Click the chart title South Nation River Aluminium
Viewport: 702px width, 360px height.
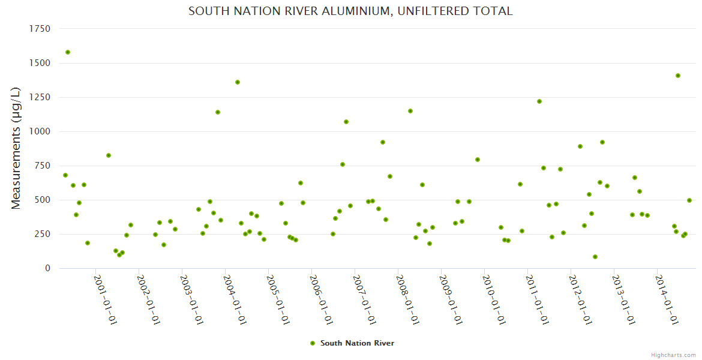pyautogui.click(x=350, y=11)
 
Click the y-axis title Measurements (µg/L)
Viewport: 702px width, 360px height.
pyautogui.click(x=16, y=148)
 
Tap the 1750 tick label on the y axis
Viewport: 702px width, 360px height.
pyautogui.click(x=40, y=29)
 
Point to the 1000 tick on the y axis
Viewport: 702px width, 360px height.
pyautogui.click(x=40, y=131)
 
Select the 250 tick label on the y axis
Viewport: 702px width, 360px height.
pyautogui.click(x=42, y=234)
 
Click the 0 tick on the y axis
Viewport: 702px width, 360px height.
pyautogui.click(x=47, y=268)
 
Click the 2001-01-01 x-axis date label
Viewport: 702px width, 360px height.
pyautogui.click(x=106, y=299)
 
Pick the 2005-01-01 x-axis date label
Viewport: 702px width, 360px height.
pyautogui.click(x=278, y=299)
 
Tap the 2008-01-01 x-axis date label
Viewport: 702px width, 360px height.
pyautogui.click(x=408, y=299)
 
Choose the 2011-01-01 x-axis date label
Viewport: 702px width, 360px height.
pyautogui.click(x=538, y=299)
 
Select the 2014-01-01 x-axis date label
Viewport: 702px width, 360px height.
pyautogui.click(x=667, y=299)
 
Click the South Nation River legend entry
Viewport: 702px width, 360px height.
pyautogui.click(x=352, y=343)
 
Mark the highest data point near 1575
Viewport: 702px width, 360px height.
pyautogui.click(x=68, y=52)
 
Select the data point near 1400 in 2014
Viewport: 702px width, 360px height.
pyautogui.click(x=678, y=76)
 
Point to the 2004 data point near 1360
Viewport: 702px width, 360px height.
pyautogui.click(x=238, y=82)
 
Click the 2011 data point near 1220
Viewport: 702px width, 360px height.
pyautogui.click(x=539, y=101)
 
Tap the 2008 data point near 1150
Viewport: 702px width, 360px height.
pyautogui.click(x=410, y=111)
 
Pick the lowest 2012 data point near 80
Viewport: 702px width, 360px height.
pyautogui.click(x=595, y=257)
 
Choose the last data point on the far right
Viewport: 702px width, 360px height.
pyautogui.click(x=689, y=200)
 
